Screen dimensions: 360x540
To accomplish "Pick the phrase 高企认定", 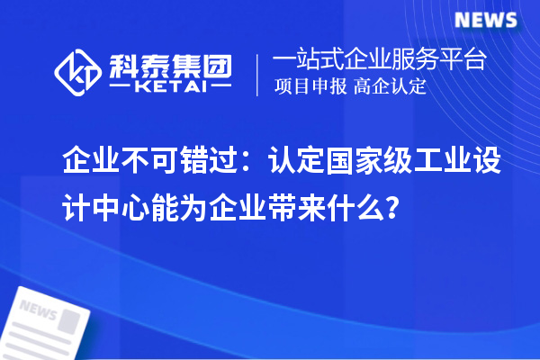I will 389,87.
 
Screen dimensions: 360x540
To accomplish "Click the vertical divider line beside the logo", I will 258,74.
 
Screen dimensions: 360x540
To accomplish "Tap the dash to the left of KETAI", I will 119,88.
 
